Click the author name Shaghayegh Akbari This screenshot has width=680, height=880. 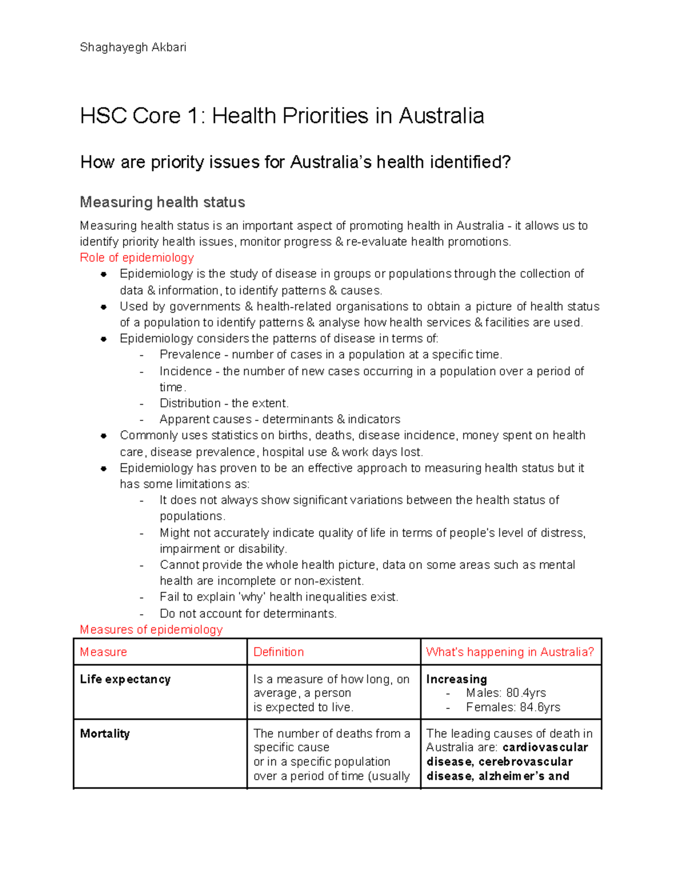coord(133,48)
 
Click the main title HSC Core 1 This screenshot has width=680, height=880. coord(282,116)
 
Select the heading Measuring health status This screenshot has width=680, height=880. coord(162,202)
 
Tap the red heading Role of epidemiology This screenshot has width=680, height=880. coord(137,258)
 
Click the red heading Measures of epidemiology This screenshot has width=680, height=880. coord(151,630)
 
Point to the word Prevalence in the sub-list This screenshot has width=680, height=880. coord(190,355)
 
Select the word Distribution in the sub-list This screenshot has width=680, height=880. coord(190,403)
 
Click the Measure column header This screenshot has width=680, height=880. coord(103,652)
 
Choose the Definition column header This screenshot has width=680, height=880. coord(278,652)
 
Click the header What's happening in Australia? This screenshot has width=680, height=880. coord(509,652)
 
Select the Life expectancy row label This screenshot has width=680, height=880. coord(125,679)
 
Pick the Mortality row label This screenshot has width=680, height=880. coord(105,734)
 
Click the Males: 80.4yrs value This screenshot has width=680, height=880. coord(505,693)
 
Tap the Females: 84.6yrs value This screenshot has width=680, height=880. coord(513,707)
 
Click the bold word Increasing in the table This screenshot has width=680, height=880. coord(456,679)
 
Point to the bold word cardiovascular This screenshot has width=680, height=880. coord(545,747)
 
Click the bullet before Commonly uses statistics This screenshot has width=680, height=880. coord(104,436)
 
